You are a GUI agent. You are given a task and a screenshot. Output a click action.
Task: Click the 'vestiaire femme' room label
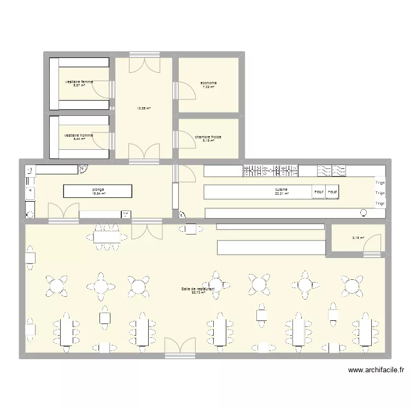79,82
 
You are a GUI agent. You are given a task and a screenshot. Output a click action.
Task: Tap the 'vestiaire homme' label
78,135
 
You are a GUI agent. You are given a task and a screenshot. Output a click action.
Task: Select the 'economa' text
208,83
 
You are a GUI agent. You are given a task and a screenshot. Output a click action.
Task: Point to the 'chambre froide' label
208,137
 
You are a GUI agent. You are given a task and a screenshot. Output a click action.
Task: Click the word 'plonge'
98,189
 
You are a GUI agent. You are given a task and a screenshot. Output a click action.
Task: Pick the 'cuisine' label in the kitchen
282,189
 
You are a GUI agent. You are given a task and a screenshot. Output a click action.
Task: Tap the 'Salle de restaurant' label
198,288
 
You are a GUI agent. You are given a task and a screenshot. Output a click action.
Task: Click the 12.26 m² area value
144,108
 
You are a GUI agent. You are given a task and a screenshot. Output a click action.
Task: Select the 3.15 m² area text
358,238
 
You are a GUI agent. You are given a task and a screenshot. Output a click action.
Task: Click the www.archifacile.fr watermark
377,370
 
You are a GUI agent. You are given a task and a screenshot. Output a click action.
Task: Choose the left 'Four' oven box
318,192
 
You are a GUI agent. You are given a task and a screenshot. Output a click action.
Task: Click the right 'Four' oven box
332,192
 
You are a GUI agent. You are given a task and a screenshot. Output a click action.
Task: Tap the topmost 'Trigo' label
380,182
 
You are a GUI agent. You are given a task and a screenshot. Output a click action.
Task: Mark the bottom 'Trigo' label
380,203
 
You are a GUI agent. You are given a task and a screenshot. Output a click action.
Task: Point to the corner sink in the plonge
84,169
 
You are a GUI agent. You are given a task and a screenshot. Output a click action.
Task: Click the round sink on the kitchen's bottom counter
364,213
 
